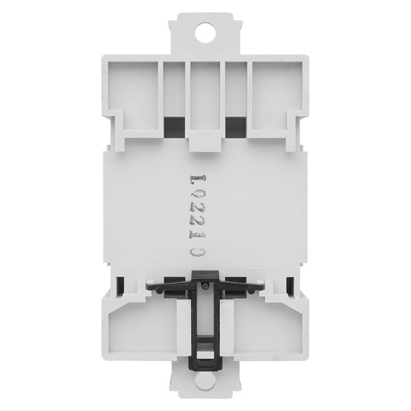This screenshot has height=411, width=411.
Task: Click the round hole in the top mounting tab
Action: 206,32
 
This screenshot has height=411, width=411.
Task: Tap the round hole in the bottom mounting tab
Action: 206,380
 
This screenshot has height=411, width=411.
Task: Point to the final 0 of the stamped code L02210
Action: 198,252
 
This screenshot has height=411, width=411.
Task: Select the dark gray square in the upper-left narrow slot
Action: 174,127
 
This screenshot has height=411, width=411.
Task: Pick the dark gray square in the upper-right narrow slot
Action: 236,127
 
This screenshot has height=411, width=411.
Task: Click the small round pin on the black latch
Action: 205,285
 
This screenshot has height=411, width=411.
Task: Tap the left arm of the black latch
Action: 170,288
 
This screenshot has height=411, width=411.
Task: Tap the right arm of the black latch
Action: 242,288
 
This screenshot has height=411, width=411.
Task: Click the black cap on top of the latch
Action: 206,275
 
